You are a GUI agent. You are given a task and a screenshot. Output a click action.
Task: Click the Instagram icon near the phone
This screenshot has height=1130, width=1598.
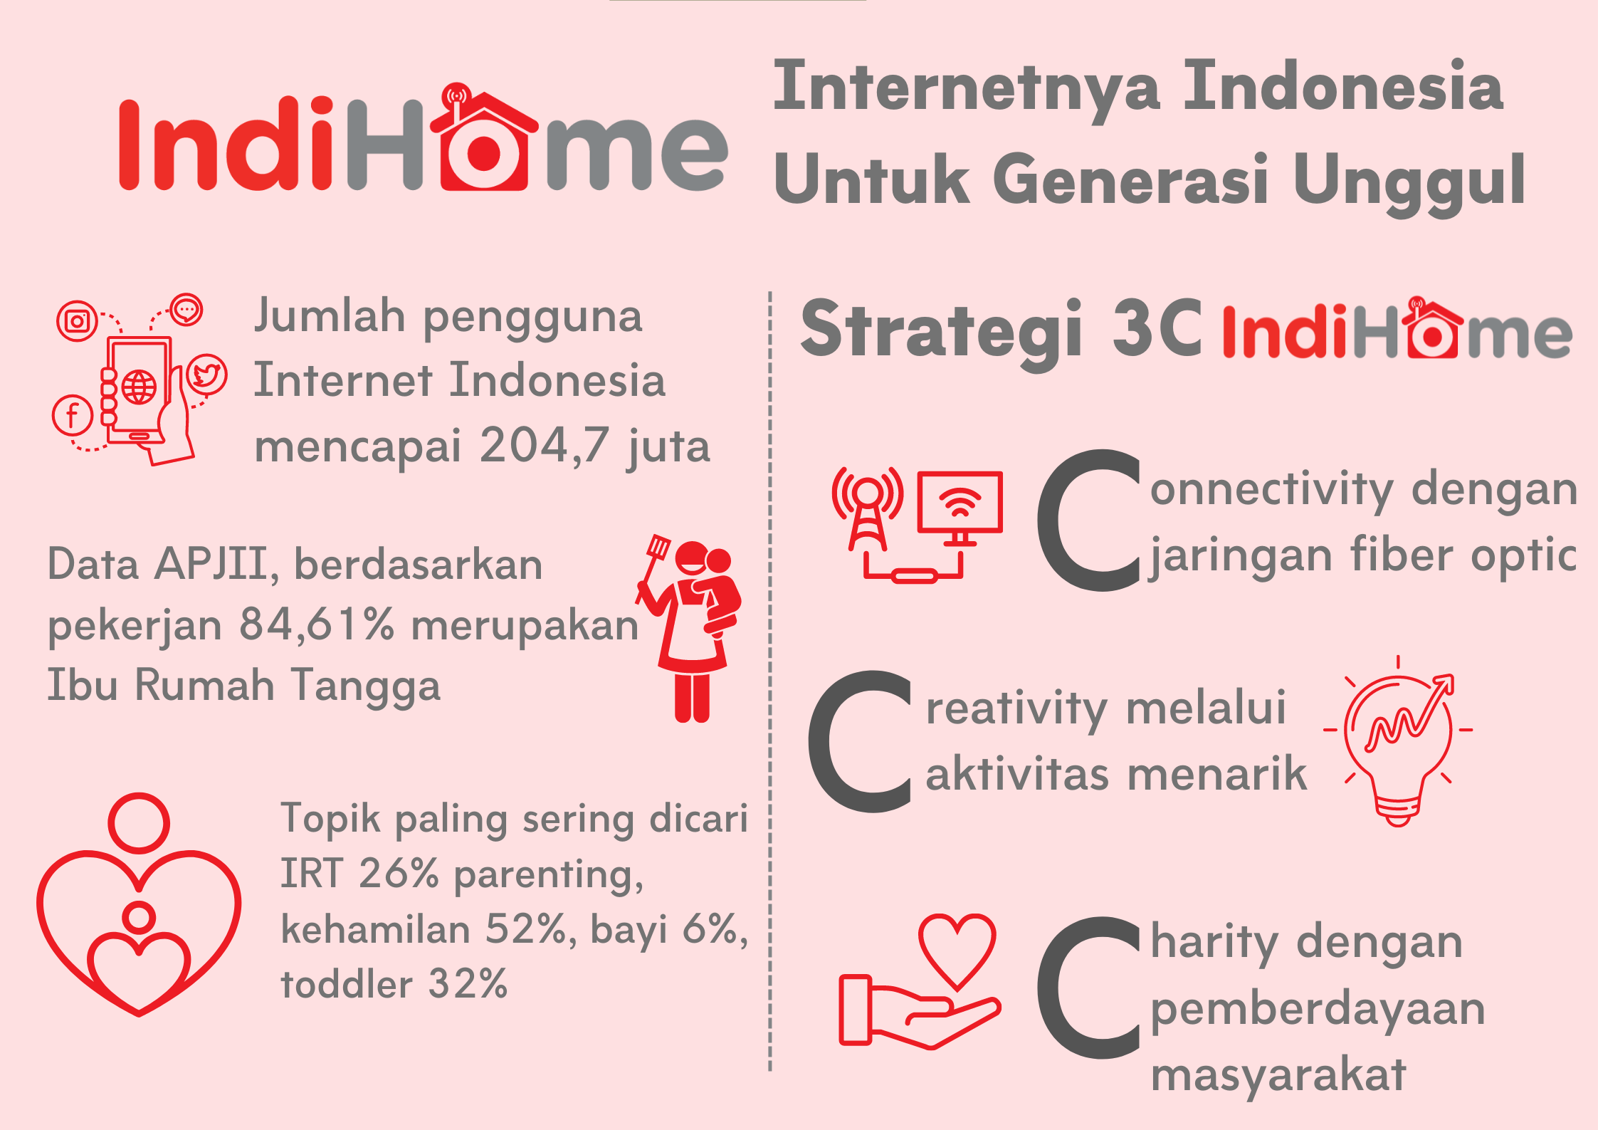coord(77,321)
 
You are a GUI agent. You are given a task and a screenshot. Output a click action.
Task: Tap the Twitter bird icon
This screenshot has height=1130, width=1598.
coord(206,375)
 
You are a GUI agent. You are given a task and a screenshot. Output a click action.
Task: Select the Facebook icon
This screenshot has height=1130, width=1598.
coord(73,415)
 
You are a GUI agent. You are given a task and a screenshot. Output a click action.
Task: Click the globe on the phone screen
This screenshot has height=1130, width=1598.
coord(139,387)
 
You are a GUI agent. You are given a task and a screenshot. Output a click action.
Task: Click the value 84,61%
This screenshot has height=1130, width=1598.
coord(317,624)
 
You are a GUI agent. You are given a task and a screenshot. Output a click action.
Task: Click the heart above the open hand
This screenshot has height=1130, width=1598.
coord(957,951)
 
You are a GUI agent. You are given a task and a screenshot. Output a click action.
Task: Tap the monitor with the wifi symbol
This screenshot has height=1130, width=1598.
coord(960,508)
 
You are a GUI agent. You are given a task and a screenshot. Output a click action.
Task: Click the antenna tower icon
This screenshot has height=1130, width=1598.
coord(868,508)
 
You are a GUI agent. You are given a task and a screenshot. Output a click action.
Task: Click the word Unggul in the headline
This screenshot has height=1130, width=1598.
coord(1409,182)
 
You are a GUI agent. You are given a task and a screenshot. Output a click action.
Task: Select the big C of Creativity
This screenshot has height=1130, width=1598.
coord(861,742)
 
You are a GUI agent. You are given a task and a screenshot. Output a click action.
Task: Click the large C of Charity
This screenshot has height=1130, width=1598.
coord(1089,988)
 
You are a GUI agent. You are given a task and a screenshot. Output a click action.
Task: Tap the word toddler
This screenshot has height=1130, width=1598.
coord(347,984)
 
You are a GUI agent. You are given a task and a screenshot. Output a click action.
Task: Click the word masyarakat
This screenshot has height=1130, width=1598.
coord(1278,1074)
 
